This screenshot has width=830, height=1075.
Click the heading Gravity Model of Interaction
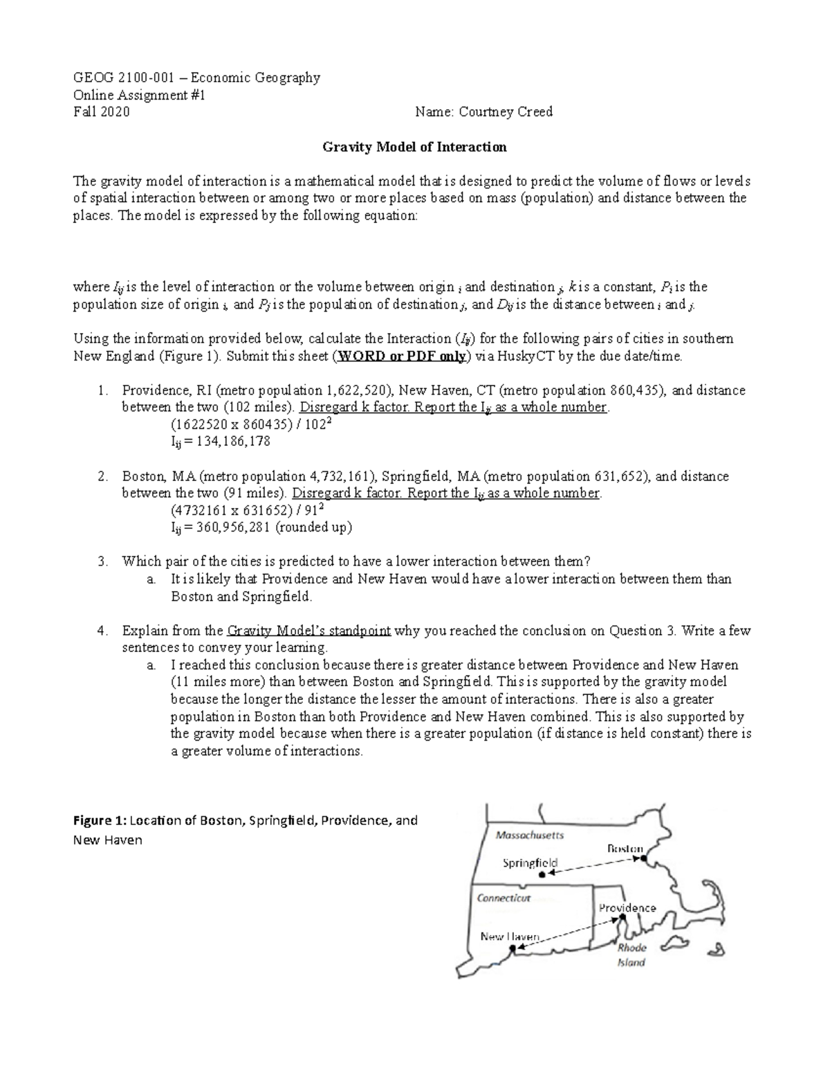pyautogui.click(x=415, y=147)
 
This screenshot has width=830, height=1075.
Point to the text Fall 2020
pyautogui.click(x=101, y=112)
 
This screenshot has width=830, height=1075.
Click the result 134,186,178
pyautogui.click(x=233, y=441)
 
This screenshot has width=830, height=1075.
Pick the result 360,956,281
pyautogui.click(x=234, y=527)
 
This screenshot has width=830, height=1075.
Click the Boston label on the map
pyautogui.click(x=624, y=849)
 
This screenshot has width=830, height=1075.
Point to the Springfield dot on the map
pyautogui.click(x=542, y=875)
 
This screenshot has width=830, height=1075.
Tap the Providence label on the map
pyautogui.click(x=627, y=907)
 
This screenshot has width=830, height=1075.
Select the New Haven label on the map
pyautogui.click(x=510, y=937)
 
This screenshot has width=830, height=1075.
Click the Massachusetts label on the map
pyautogui.click(x=529, y=835)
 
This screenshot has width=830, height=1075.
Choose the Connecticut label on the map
pyautogui.click(x=504, y=898)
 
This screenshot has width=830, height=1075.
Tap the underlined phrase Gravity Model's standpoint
pyautogui.click(x=308, y=631)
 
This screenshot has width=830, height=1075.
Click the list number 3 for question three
pyautogui.click(x=102, y=561)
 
